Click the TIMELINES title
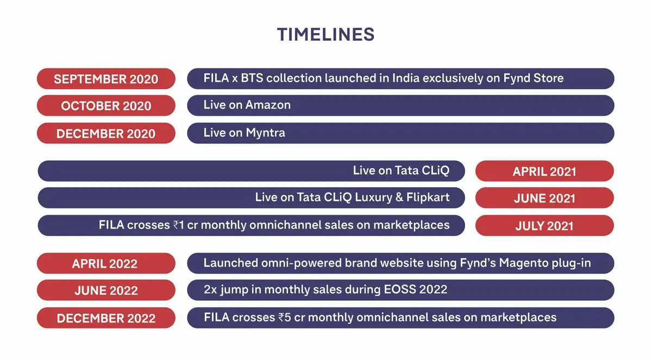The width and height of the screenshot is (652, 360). tap(325, 34)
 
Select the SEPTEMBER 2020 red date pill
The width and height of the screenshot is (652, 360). tap(106, 79)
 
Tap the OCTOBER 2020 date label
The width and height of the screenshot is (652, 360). tap(106, 106)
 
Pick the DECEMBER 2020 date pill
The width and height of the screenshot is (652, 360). tap(106, 133)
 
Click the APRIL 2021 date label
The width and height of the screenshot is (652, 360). tap(544, 172)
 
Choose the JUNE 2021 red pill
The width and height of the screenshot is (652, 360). tap(544, 198)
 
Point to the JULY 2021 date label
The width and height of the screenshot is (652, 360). tap(544, 226)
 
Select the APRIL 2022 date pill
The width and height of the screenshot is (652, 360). tap(106, 263)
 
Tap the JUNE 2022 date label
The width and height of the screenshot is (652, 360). tap(106, 290)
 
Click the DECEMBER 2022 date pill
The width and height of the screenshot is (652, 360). tap(106, 318)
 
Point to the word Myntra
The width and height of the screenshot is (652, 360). tap(266, 133)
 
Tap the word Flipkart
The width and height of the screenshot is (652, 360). tap(428, 197)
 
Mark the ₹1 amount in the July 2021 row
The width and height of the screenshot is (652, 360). tap(179, 225)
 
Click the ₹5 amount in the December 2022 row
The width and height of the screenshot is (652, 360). tap(285, 318)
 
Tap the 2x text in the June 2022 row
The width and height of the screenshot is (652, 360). tap(210, 289)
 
